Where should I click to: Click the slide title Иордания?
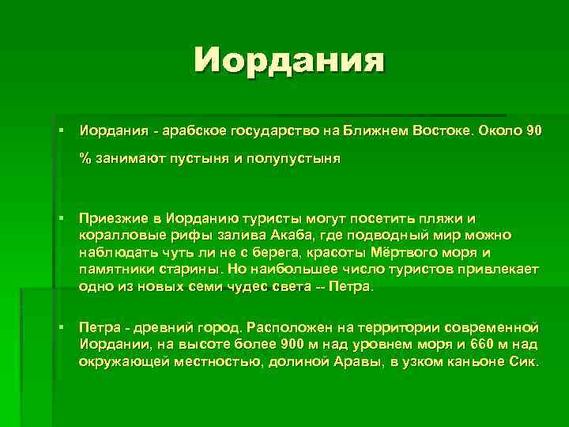tap(290, 60)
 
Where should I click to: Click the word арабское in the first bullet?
tap(198, 130)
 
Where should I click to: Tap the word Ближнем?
tap(375, 130)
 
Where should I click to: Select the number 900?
tap(290, 345)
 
